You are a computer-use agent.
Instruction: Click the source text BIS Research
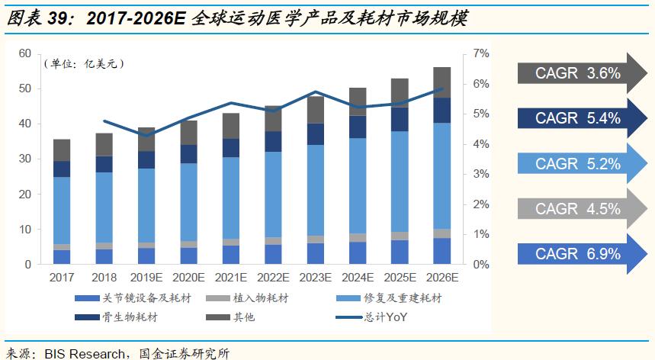point(85,353)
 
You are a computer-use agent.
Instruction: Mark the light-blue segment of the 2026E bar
point(441,175)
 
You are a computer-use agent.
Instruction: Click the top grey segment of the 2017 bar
point(62,150)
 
